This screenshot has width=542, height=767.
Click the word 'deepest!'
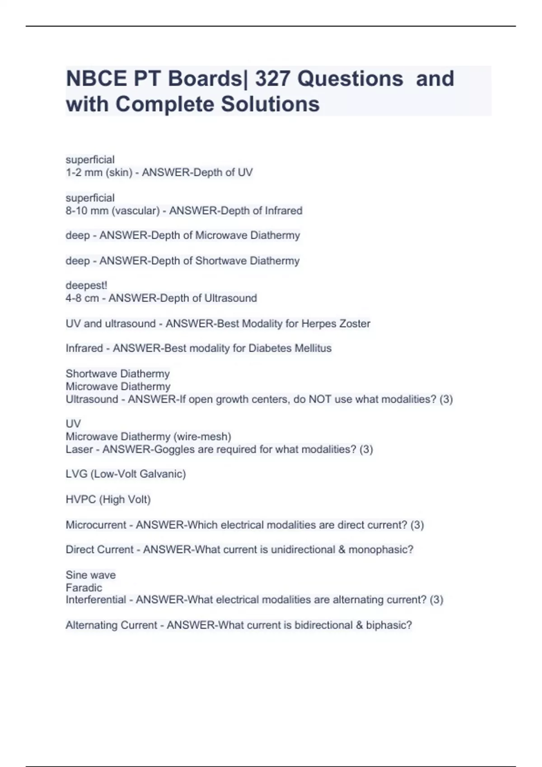(x=86, y=286)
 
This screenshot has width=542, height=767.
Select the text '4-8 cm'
(x=82, y=298)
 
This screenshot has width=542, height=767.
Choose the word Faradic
(x=84, y=587)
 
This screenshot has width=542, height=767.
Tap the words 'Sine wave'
(x=90, y=575)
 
